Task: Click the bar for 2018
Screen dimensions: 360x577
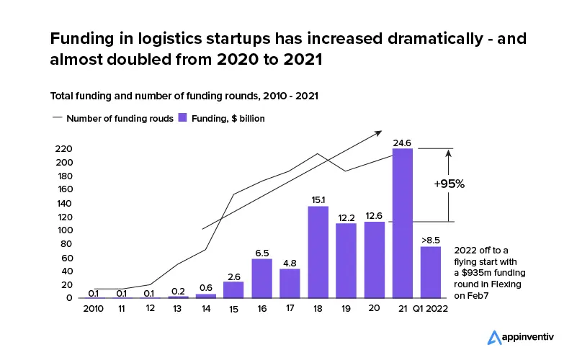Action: pos(318,252)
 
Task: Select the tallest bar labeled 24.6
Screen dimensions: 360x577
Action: pos(402,223)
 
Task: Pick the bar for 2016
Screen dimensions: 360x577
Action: pos(262,279)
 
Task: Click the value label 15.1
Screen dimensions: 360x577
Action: pos(318,199)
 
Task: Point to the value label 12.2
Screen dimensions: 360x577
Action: pos(346,217)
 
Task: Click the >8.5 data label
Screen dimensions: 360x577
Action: pos(431,239)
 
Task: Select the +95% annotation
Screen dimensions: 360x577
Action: pos(449,184)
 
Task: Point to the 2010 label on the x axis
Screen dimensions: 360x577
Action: pos(94,309)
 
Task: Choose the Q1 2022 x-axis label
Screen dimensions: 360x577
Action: pos(431,309)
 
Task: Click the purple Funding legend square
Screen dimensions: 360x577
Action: pos(183,118)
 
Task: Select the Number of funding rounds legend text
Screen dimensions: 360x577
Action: pos(120,119)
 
